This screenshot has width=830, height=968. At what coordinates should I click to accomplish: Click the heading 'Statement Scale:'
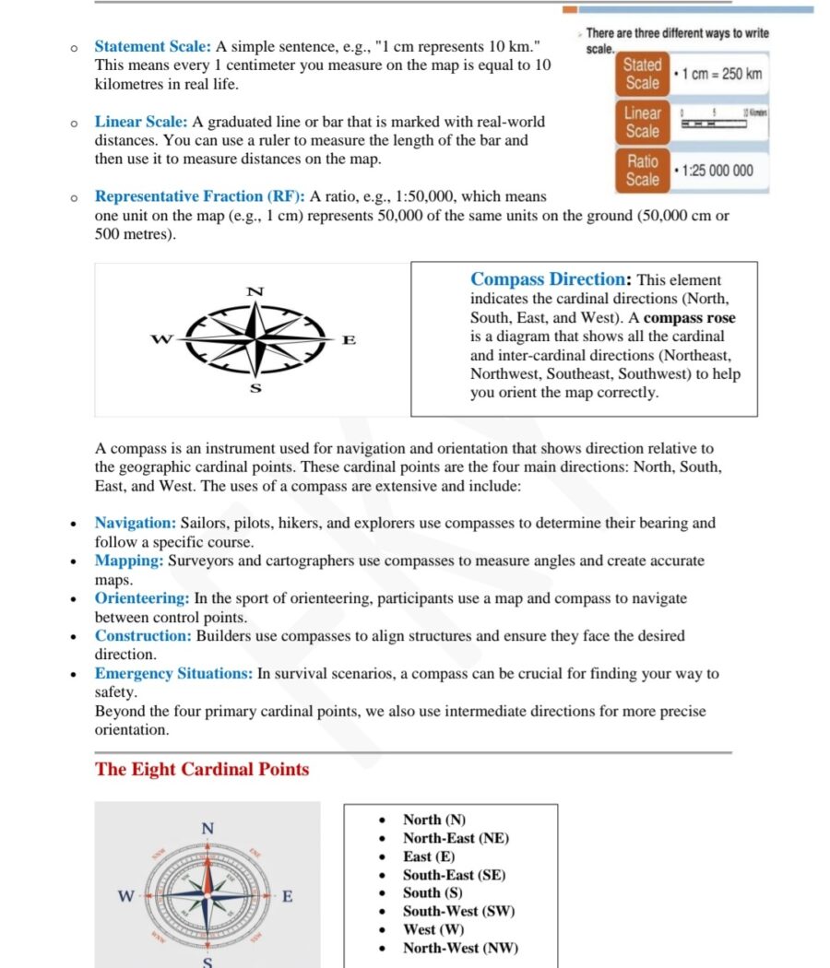point(153,46)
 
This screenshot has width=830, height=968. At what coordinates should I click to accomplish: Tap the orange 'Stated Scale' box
point(642,74)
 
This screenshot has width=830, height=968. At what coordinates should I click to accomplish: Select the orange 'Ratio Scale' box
point(642,171)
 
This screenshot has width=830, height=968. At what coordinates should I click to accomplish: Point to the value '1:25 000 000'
point(717,171)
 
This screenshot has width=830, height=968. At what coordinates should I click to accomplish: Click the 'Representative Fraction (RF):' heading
point(200,196)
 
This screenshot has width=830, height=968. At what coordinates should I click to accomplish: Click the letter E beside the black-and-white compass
point(349,340)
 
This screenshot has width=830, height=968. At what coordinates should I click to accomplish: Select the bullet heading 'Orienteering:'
point(143,598)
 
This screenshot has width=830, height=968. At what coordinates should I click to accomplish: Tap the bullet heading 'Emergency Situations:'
point(173,674)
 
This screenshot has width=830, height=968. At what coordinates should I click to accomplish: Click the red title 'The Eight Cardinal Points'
point(202,769)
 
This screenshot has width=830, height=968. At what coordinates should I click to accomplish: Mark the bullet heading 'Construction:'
point(143,636)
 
